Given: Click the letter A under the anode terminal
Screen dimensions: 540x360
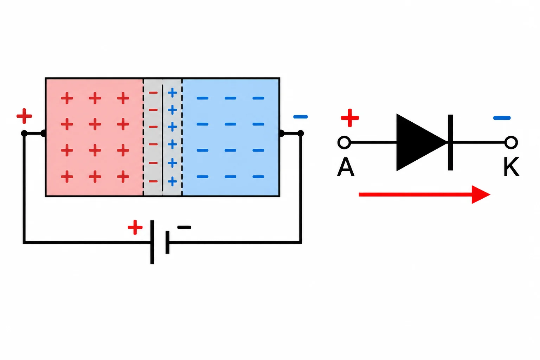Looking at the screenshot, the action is coord(346,167).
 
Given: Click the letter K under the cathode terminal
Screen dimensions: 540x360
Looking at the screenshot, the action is coord(511,167).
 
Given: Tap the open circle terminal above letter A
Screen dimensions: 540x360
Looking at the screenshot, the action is coord(344,142).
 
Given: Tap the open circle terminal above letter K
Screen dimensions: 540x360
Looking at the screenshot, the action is coord(511,142).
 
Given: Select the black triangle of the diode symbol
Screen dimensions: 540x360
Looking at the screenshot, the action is coord(418,142).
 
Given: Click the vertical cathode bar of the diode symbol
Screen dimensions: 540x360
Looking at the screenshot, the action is coord(451,142).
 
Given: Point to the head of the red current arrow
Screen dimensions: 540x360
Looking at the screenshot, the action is coord(481,194).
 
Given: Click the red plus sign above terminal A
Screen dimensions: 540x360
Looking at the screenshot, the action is coord(350,118).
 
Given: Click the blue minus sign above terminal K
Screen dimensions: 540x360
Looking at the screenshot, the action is coord(502,118).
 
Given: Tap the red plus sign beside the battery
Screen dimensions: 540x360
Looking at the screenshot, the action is coord(135,227).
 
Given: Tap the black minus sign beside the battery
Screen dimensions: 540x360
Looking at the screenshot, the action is coord(184,227).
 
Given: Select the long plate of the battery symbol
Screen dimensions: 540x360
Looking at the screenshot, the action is coord(152,242).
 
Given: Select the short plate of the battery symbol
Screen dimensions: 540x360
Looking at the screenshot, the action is coord(167,242).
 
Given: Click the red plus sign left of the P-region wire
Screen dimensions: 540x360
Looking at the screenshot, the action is coord(24,116).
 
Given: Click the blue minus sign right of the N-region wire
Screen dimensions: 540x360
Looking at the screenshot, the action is coord(300,117).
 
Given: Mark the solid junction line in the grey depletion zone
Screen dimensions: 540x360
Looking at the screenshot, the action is coord(162,138).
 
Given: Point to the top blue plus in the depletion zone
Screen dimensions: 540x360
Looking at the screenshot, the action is coord(172,92).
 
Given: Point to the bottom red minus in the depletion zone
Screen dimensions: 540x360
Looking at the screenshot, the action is coord(153,181).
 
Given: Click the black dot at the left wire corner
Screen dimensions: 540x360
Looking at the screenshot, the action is coord(24,133).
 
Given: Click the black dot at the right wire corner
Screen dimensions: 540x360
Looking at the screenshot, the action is coord(300,133).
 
